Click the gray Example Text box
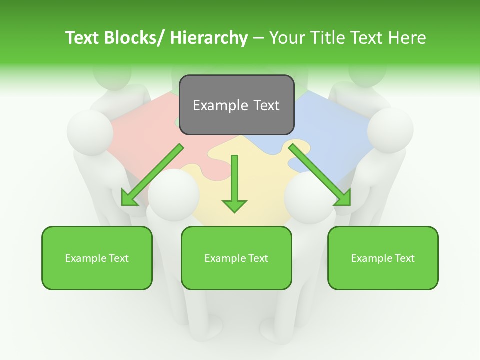[x=236, y=105]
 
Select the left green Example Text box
[x=97, y=258]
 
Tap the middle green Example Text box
[x=236, y=258]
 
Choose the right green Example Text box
[x=383, y=258]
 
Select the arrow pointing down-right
[x=320, y=175]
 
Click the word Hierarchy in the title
[x=209, y=38]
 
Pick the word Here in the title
[x=407, y=38]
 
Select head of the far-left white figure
[x=90, y=132]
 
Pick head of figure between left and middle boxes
[x=174, y=192]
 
